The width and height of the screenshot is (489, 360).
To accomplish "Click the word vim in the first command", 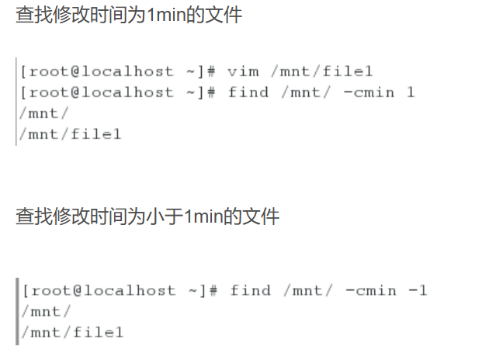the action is (x=243, y=71).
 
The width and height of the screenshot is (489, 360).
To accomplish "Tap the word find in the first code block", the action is (x=248, y=92).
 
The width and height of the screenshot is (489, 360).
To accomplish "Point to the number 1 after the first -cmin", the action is (x=411, y=92).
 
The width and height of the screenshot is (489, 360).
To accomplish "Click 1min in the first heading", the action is (x=165, y=16).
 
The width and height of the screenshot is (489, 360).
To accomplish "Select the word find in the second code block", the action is (x=251, y=291).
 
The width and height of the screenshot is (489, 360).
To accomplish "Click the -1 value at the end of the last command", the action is (x=418, y=291).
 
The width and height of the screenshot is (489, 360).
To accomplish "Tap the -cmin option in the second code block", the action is (x=370, y=291).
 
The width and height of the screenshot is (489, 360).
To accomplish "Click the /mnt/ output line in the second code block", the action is (x=46, y=312).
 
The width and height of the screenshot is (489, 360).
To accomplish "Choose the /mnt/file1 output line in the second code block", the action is (x=72, y=333).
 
